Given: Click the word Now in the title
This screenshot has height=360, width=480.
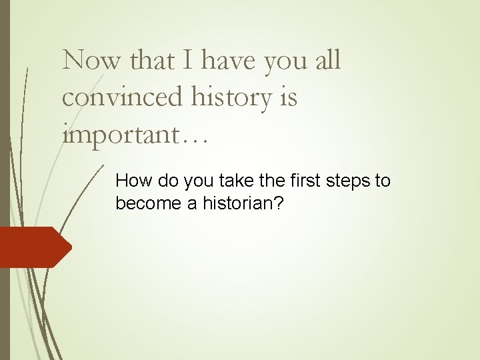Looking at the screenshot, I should coord(91,61).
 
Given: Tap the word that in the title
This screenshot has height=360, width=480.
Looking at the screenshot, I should coord(152,61).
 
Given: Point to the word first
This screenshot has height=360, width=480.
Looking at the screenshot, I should coord(285,181).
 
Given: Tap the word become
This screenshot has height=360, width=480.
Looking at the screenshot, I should coord(149,203).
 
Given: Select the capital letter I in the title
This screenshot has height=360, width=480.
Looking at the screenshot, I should coord(187,61).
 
